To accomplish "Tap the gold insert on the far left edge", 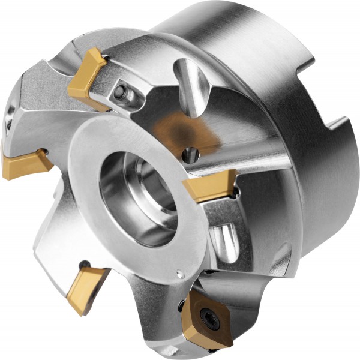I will pos(25,160).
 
